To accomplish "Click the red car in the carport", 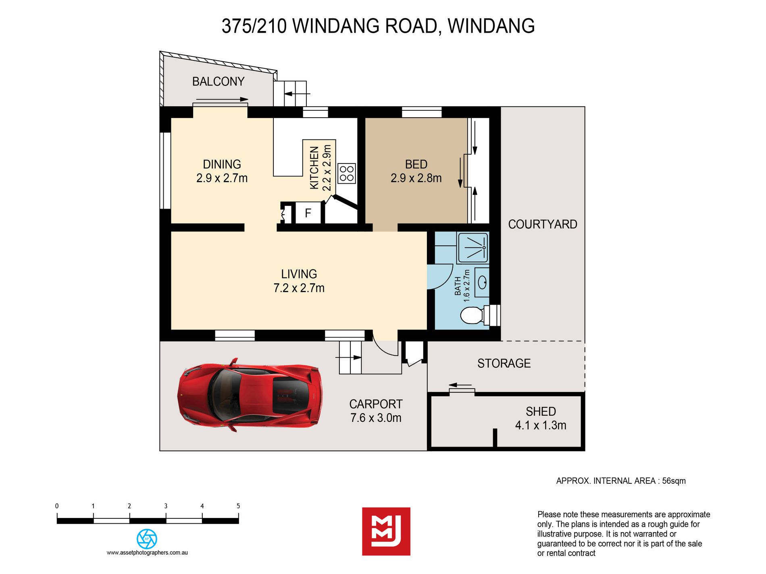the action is (x=250, y=395).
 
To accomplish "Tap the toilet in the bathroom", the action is (x=472, y=315).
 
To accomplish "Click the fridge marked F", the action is (x=308, y=213).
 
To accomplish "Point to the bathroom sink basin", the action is (x=483, y=282).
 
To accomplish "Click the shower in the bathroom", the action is (x=473, y=247).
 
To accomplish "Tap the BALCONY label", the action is (x=218, y=81).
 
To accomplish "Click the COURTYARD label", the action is (x=543, y=224).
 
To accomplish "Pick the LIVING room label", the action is (x=299, y=274).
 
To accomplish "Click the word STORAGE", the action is (x=504, y=363).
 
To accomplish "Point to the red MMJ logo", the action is (x=386, y=531).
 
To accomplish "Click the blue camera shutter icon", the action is (x=147, y=539).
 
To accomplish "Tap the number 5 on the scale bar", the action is (x=238, y=506).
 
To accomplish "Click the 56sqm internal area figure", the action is (x=674, y=481).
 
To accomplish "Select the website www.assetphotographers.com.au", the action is (x=147, y=553).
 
